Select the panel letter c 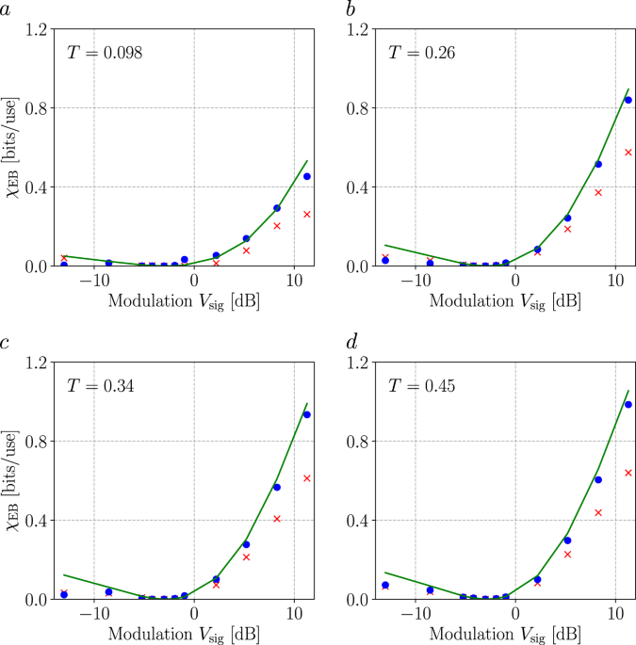click(7, 343)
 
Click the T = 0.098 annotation click(105, 54)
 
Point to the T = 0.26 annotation click(422, 54)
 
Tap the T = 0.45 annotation click(422, 387)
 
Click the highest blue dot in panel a click(307, 176)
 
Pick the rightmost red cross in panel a click(307, 215)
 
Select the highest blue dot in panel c click(307, 414)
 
